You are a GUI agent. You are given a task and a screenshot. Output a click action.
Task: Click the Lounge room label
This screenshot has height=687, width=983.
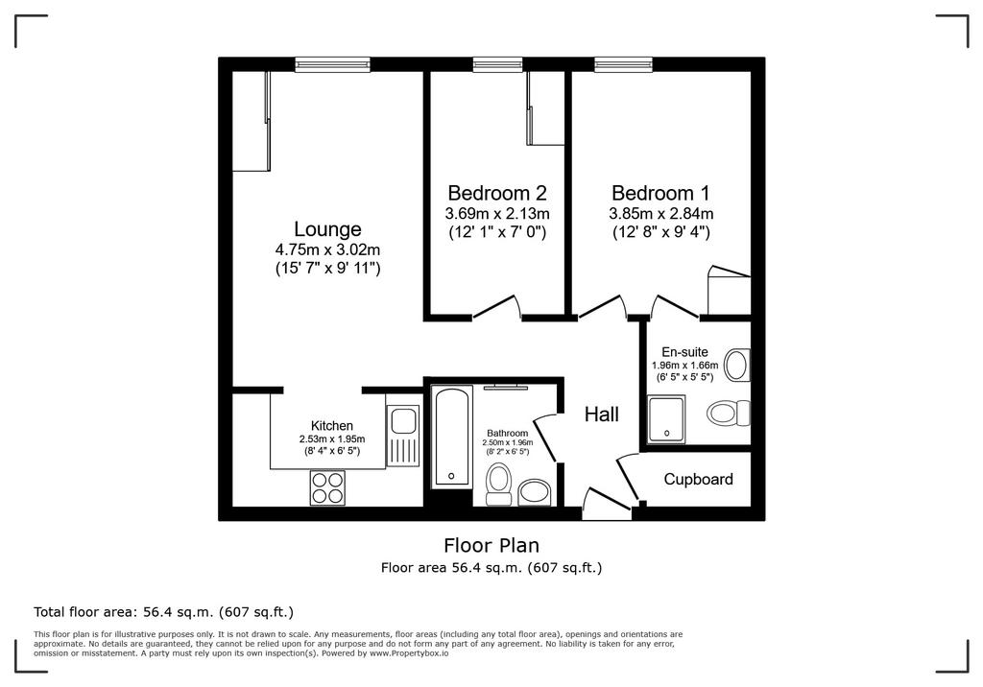327,228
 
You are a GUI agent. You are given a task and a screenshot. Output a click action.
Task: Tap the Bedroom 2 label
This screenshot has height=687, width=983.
497,193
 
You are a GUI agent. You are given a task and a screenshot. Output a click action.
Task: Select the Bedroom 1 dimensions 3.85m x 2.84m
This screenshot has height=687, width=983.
660,214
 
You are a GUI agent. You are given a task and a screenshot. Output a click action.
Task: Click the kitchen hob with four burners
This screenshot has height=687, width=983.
327,487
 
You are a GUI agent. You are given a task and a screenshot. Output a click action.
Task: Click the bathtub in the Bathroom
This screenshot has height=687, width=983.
451,438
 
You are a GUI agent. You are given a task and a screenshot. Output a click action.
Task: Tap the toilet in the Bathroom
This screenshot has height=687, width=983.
499,484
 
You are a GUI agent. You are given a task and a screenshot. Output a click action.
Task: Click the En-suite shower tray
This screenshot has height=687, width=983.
666,418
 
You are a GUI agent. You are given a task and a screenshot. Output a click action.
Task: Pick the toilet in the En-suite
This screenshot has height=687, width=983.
729,414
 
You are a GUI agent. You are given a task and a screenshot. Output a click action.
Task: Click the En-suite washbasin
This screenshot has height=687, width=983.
736,365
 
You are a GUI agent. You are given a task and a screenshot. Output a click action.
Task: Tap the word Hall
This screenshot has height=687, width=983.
602,415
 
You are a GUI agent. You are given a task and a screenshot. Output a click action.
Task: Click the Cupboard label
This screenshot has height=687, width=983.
699,480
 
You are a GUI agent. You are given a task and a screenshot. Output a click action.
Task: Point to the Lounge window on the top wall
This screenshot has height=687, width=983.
332,64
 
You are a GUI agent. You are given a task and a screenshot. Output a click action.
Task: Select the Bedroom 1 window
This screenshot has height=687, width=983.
623,64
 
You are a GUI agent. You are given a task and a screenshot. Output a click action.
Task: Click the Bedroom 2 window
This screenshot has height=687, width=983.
498,64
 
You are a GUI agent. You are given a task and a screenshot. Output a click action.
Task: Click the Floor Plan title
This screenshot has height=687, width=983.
491,545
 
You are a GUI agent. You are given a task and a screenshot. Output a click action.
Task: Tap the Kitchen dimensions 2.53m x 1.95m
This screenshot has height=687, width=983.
332,439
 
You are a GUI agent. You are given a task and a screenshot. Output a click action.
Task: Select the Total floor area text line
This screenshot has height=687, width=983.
163,612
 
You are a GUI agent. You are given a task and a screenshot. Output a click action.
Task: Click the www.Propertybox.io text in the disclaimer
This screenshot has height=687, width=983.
409,653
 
